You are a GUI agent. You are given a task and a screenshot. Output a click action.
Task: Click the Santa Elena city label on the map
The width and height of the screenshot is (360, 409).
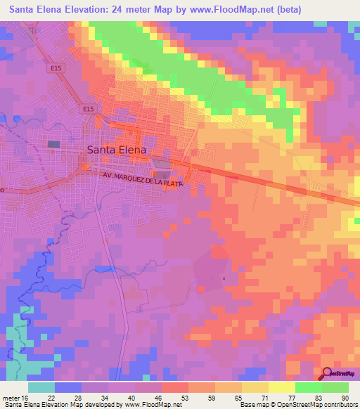click(117, 150)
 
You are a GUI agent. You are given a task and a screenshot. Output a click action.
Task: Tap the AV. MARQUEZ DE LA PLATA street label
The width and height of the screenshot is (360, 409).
click(142, 180)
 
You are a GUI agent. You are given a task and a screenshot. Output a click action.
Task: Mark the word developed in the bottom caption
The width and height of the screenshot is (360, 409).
click(101, 404)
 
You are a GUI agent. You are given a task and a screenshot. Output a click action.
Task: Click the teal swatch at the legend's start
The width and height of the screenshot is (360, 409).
click(41, 387)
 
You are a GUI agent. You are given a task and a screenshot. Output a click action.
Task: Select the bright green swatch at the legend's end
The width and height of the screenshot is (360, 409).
click(335, 387)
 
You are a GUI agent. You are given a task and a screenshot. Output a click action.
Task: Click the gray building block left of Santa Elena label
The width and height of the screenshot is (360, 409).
click(54, 144)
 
